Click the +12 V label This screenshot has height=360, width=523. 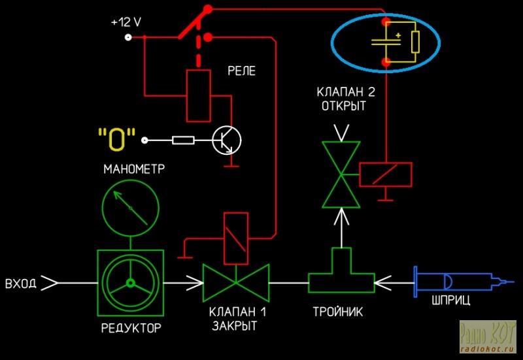coord(126,22)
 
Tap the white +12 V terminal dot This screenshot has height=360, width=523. coord(128,37)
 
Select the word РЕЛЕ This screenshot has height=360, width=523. coord(241,71)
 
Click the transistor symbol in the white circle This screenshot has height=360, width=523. coord(227,140)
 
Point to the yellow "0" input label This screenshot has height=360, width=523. coord(117,139)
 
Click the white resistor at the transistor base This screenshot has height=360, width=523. coord(183,140)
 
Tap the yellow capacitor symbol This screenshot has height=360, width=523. coord(387,41)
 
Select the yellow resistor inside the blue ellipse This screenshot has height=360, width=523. coord(415,42)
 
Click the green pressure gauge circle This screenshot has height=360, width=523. coord(130,208)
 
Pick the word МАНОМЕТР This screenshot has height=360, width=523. coord(134,169)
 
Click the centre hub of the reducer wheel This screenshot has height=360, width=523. coord(130,283)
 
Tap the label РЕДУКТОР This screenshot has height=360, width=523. coord(131,328)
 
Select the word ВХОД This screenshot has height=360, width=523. coord(20,284)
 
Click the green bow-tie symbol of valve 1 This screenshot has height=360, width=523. coord(236,283)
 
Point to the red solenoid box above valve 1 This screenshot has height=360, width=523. coord(236,238)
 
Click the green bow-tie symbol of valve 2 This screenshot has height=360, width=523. coord(341,174)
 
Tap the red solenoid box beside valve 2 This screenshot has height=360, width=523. coord(386,174)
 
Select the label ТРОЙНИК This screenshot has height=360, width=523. coord(337,312)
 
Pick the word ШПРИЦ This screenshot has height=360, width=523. coord(450,301)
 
